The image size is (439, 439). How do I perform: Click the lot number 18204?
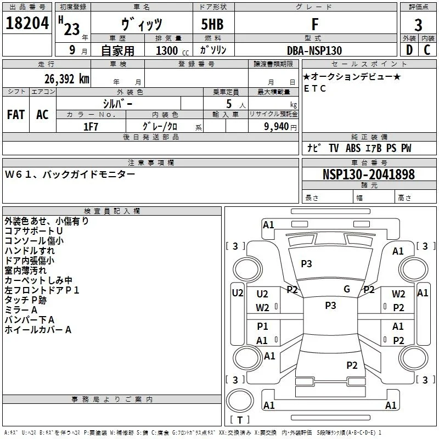(x=27, y=23)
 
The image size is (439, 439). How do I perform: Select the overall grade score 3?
(x=418, y=25)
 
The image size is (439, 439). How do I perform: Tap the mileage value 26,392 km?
(x=67, y=79)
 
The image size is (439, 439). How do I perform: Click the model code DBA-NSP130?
(x=314, y=50)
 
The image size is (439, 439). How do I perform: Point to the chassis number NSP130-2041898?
(x=368, y=174)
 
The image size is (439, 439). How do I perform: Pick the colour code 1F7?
(x=91, y=127)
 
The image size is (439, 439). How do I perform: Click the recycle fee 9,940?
(x=276, y=127)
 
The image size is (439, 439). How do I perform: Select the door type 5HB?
(x=212, y=24)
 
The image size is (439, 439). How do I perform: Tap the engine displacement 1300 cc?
(x=172, y=50)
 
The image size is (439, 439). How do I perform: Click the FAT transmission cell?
(x=16, y=115)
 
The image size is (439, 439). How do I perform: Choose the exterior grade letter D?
(x=409, y=50)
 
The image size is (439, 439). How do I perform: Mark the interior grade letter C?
(x=427, y=50)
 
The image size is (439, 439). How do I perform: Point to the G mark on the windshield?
(x=347, y=289)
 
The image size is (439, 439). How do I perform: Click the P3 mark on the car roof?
(x=330, y=305)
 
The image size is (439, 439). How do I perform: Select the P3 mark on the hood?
(x=306, y=263)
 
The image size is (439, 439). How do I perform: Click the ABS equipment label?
(x=353, y=148)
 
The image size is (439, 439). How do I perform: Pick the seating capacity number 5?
(x=229, y=104)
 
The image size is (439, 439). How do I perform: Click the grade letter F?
(x=315, y=24)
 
